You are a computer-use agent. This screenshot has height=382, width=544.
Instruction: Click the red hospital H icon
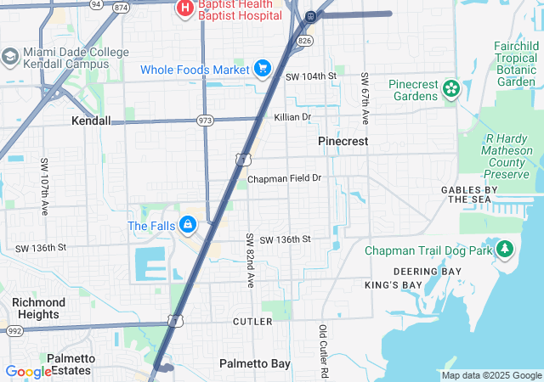click(x=184, y=8)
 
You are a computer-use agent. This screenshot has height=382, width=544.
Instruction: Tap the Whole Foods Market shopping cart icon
click(x=262, y=69)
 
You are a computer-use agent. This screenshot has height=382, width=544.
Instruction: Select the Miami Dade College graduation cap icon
click(x=10, y=57)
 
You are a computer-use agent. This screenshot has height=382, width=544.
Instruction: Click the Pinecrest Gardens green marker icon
click(x=450, y=87)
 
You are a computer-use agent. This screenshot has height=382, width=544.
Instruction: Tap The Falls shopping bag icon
click(x=188, y=226)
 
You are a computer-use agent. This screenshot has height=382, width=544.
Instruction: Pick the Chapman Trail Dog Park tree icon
click(x=505, y=250)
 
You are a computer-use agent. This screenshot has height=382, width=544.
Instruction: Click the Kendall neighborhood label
click(x=91, y=121)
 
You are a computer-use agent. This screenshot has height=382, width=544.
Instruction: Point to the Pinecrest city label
click(x=343, y=141)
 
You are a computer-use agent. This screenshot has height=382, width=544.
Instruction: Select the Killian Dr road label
click(x=292, y=117)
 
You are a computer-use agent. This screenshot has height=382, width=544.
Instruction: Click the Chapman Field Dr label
click(x=285, y=179)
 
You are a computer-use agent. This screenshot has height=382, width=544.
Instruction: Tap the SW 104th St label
click(x=311, y=76)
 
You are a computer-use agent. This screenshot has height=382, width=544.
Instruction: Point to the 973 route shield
click(x=206, y=121)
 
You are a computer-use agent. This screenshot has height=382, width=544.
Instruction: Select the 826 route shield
click(x=305, y=40)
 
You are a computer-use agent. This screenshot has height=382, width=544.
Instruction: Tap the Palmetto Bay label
click(x=255, y=363)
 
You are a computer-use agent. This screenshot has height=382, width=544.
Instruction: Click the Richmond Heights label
click(x=38, y=308)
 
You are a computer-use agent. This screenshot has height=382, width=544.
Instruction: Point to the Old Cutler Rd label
click(x=323, y=351)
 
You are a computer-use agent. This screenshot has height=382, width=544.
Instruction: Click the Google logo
click(x=28, y=371)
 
